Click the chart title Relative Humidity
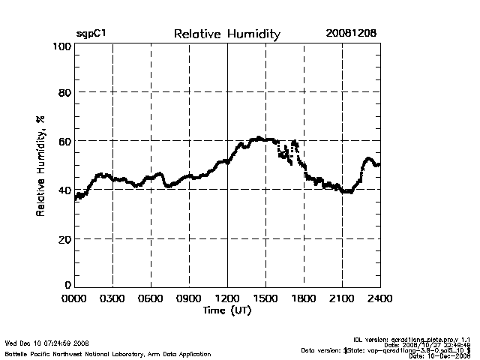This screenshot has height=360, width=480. point(226,34)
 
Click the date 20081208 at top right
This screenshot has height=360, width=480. point(351,34)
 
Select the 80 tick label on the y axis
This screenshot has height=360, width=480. point(64,93)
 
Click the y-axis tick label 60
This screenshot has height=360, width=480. point(64,142)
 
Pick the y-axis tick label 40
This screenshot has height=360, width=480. point(64,190)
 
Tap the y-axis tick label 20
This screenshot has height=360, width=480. point(64,239)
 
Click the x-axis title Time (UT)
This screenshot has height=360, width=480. point(227,310)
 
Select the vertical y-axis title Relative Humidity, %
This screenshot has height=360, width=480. point(41,166)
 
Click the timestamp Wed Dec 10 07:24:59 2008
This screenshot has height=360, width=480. point(47,343)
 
